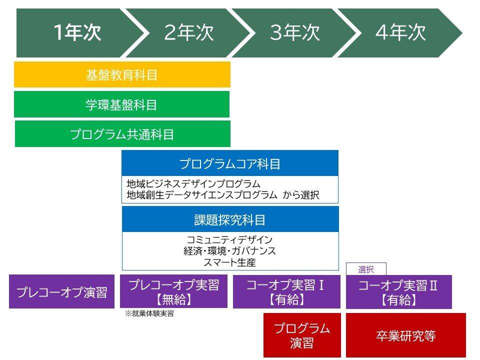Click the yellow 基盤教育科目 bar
122,74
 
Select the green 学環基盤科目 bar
122,104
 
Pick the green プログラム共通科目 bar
122,134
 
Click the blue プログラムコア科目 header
230,163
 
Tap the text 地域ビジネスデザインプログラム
193,184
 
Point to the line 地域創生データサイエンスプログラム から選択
223,195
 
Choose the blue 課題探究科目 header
230,219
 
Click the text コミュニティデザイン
229,239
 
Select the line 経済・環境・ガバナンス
229,251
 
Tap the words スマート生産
229,262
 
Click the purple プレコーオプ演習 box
62,291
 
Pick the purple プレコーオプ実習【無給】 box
173,291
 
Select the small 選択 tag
366,269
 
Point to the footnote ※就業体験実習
149,313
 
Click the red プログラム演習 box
302,335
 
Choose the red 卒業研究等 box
406,335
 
